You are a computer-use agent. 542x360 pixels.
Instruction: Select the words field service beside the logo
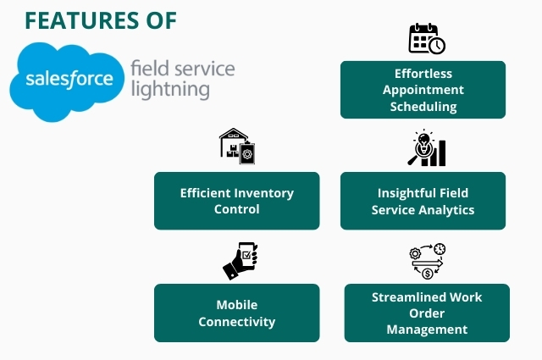(182, 68)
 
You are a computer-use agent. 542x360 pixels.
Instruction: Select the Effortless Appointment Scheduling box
(423, 89)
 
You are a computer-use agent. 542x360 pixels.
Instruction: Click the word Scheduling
(423, 107)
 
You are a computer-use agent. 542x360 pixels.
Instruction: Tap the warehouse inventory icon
(237, 147)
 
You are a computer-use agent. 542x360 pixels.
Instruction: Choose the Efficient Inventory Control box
(236, 201)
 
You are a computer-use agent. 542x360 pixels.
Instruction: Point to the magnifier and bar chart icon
(426, 148)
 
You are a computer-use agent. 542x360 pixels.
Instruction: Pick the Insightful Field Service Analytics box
(423, 201)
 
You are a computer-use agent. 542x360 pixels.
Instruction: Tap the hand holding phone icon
(241, 260)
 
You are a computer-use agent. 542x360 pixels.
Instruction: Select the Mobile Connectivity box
(236, 313)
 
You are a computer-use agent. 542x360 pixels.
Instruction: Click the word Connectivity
(236, 322)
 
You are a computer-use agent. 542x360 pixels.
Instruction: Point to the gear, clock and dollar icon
(428, 261)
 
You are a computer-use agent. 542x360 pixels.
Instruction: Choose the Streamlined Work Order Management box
(427, 313)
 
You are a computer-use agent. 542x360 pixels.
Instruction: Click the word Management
(427, 330)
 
